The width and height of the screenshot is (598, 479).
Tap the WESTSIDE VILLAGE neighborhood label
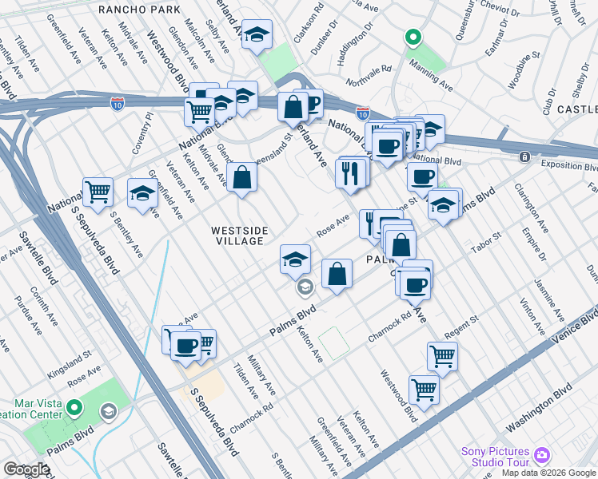click(237, 236)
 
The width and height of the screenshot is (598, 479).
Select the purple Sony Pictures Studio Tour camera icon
click(542, 454)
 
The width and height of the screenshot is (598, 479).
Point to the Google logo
click(26, 469)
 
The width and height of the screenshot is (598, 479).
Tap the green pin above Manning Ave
click(413, 37)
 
